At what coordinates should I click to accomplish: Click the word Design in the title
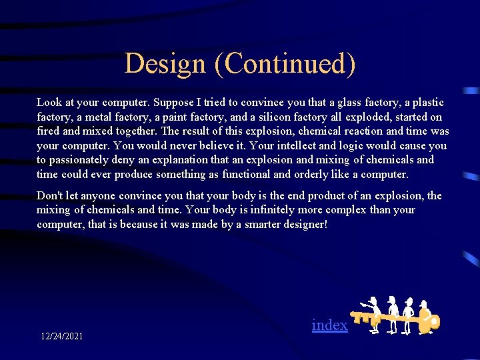(x=165, y=64)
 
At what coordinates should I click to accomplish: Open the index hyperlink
(x=330, y=325)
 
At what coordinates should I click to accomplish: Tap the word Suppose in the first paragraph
(x=174, y=103)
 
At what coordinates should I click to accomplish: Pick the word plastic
(x=427, y=103)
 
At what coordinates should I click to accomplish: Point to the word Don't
(x=51, y=196)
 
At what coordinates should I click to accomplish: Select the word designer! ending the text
(x=305, y=225)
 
